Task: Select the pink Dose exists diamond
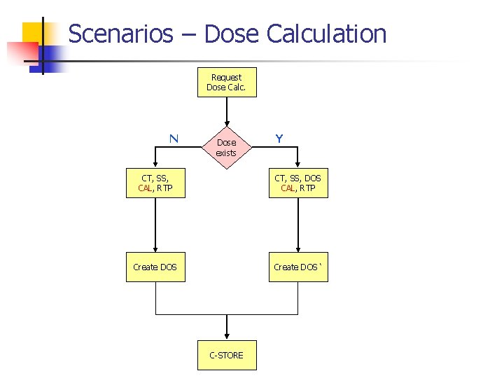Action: point(226,148)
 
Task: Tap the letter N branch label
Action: point(173,139)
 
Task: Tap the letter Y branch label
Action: point(279,139)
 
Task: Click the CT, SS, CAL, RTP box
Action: point(155,183)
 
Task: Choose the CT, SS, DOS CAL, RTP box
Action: point(298,183)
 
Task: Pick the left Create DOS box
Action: point(155,267)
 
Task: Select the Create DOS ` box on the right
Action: point(298,267)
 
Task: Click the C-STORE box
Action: point(226,355)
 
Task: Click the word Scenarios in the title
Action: point(120,34)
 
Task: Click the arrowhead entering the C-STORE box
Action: point(226,337)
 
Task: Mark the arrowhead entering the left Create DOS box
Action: point(155,248)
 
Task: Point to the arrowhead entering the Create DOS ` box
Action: point(298,248)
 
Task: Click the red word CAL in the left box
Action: point(146,188)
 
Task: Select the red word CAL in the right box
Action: point(288,188)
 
